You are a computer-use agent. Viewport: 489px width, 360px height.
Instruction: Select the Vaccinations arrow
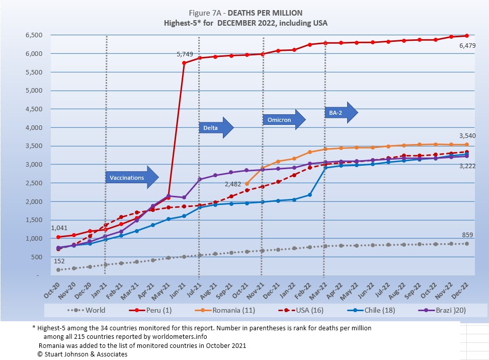[x=132, y=177]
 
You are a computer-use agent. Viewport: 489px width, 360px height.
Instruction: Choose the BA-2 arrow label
[x=341, y=112]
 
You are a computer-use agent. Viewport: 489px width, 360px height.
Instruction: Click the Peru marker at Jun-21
[x=184, y=63]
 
